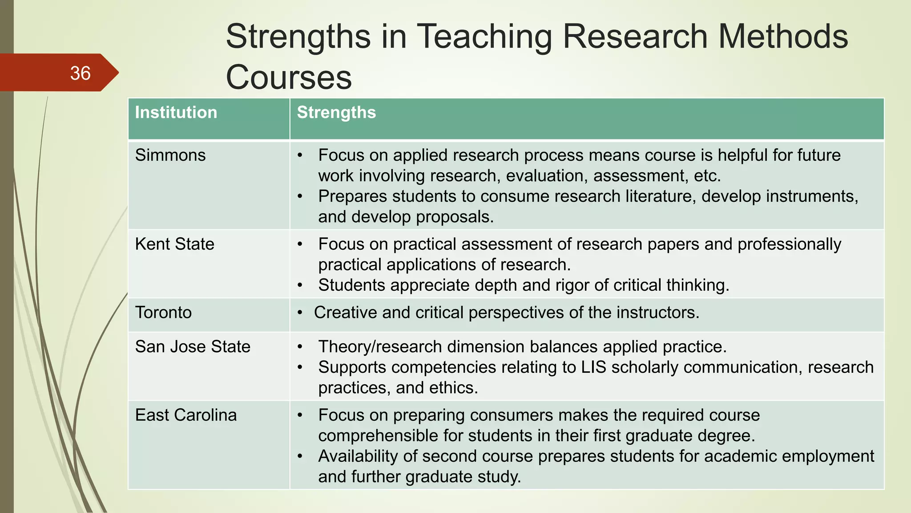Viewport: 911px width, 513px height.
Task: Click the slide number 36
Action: tap(81, 73)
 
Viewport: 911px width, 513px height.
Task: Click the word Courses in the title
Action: tap(289, 77)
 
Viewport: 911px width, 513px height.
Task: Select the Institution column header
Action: tap(176, 113)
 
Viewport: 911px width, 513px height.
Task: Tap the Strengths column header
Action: tap(336, 113)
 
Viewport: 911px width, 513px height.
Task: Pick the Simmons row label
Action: tap(170, 155)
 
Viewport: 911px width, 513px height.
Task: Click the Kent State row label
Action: tap(175, 244)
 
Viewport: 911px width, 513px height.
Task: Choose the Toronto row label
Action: tap(163, 313)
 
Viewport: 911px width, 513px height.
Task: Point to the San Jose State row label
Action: tap(193, 346)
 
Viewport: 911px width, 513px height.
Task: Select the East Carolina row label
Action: tap(186, 415)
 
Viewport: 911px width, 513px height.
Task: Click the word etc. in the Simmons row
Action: tap(707, 176)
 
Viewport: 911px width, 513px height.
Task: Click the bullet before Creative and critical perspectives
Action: tap(300, 313)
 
